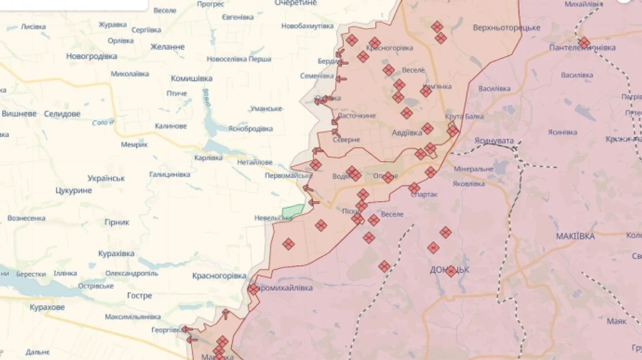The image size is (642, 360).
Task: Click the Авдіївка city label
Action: click(407, 132)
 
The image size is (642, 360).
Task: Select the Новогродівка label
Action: click(91, 56)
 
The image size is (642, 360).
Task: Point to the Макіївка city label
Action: click(575, 236)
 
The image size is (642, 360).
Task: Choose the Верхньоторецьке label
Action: click(506, 28)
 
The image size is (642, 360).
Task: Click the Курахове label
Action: click(47, 307)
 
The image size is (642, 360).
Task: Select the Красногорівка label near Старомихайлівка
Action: click(219, 276)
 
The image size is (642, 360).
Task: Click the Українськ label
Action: click(106, 178)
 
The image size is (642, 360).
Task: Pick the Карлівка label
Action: click(208, 158)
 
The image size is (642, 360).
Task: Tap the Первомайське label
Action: click(288, 175)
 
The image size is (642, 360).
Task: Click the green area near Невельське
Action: click(292, 212)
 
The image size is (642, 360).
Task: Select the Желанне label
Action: click(168, 47)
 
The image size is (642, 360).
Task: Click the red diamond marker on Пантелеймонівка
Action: click(584, 42)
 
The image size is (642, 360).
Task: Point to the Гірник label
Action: click(116, 222)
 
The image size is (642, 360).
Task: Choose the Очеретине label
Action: click(296, 4)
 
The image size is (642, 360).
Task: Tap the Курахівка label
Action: click(116, 253)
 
